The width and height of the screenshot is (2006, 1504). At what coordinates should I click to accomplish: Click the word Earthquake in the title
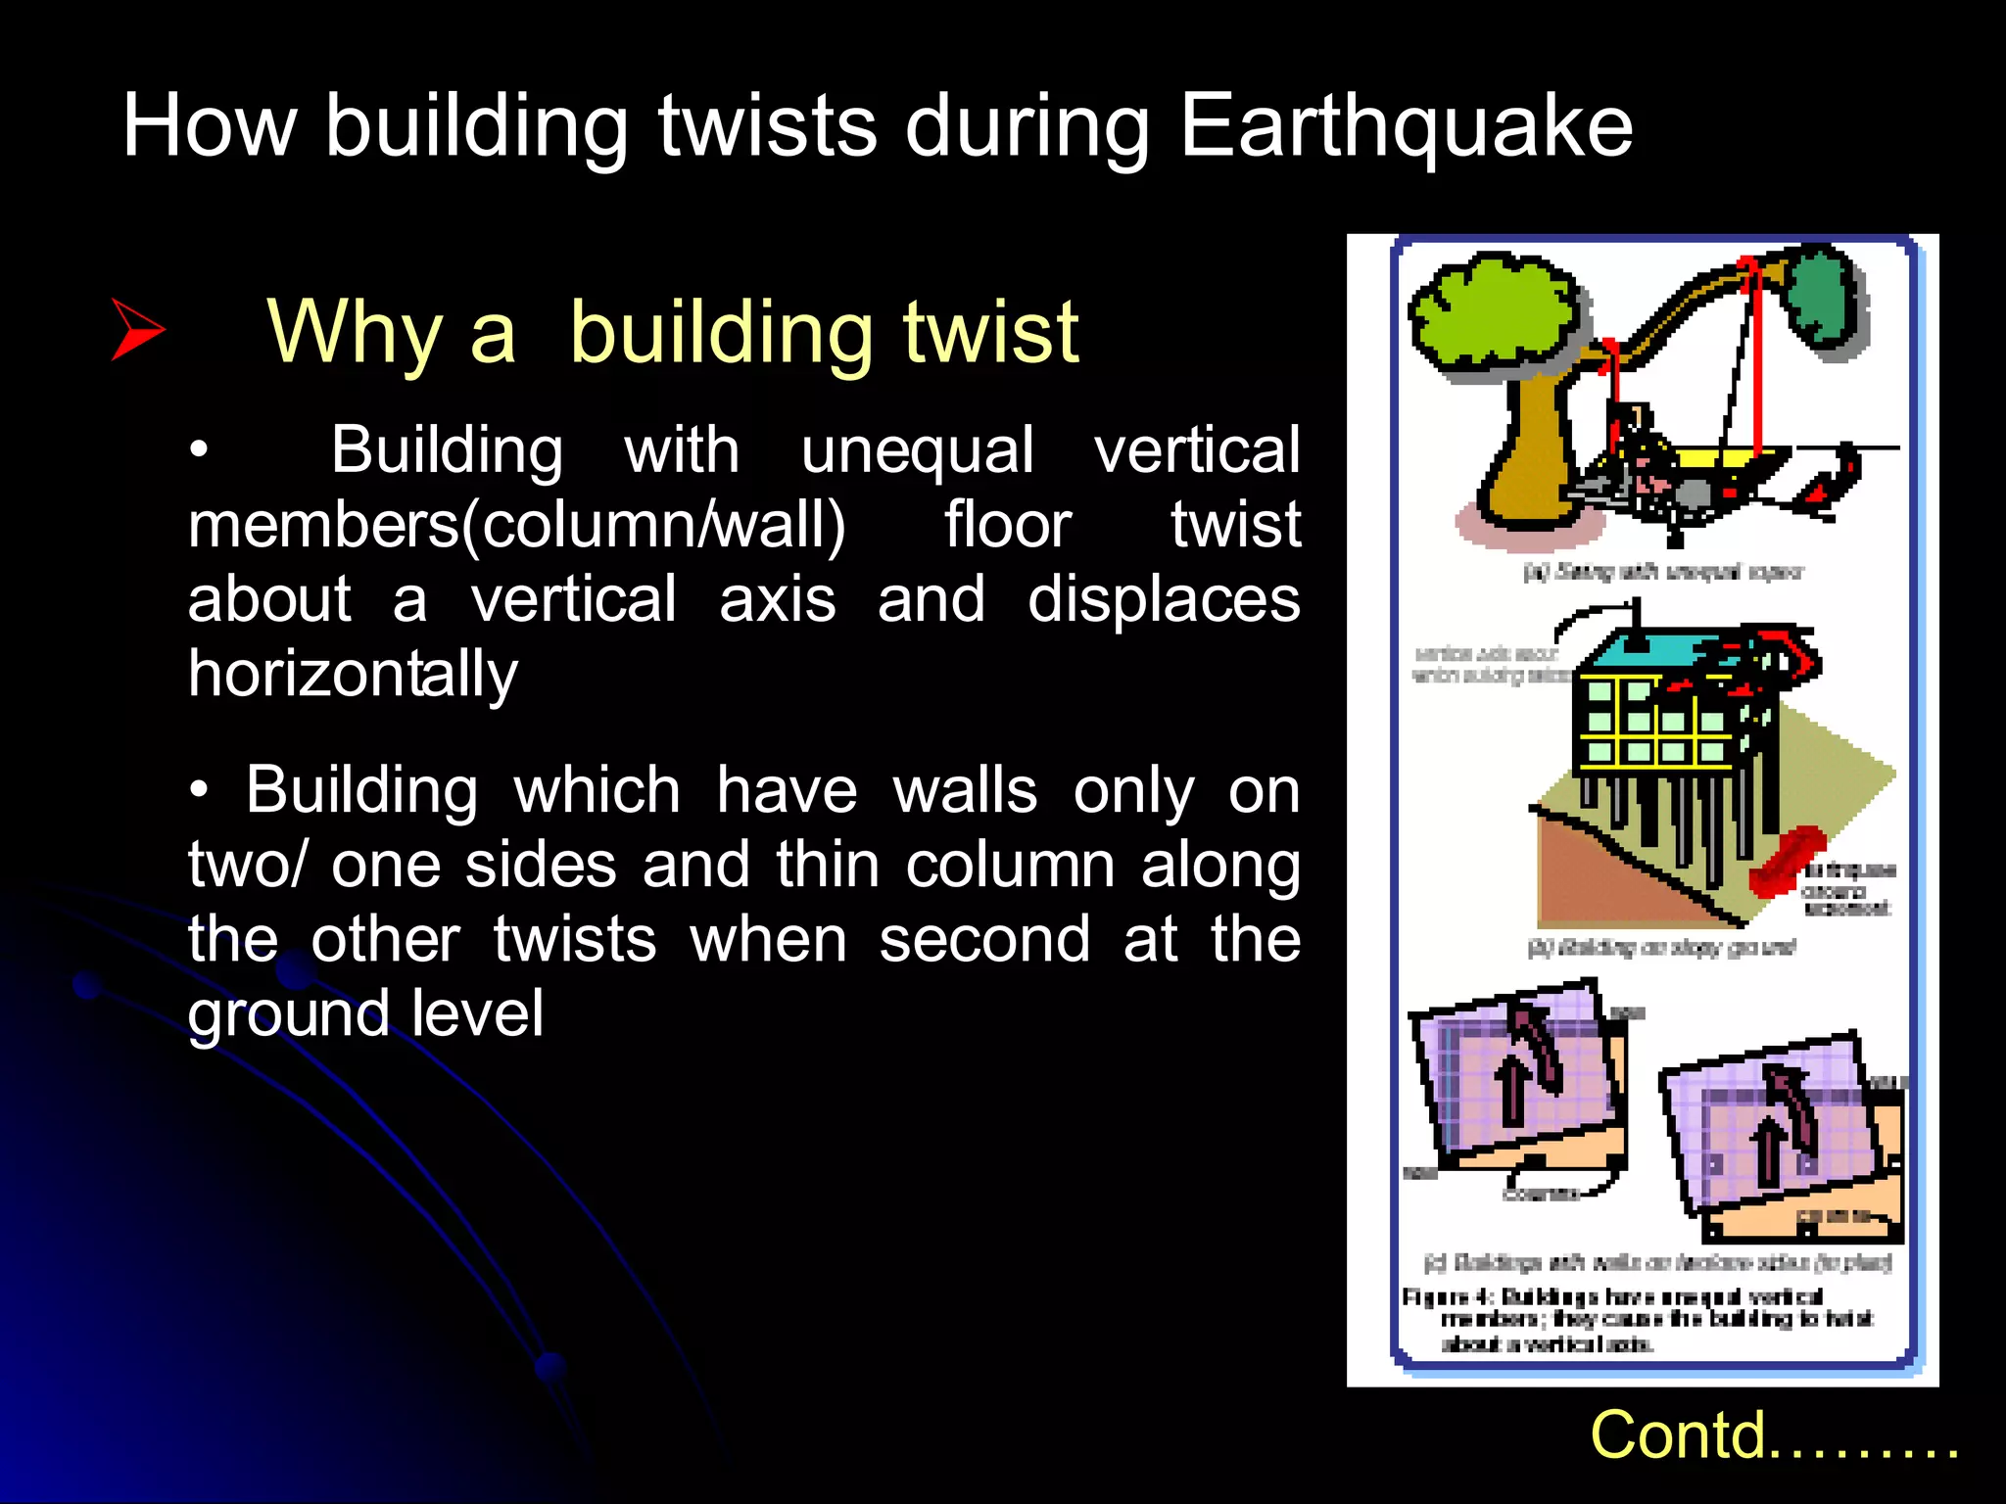coord(1406,127)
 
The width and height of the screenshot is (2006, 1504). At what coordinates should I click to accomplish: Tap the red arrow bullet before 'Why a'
coord(137,330)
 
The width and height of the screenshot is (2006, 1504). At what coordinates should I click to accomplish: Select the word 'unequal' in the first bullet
coord(917,450)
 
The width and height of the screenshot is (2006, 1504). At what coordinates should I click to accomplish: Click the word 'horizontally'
coord(353,676)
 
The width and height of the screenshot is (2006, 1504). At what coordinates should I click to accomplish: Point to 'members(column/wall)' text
coord(516,525)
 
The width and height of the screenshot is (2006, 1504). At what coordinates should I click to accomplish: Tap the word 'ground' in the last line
coord(288,1014)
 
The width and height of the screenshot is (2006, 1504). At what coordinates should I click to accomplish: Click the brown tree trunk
coord(1532,450)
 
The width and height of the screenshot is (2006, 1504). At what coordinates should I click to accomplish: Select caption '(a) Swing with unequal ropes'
coord(1662,572)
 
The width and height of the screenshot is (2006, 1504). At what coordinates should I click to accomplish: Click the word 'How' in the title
coord(209,127)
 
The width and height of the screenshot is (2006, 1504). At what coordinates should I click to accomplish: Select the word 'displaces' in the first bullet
coord(1163,599)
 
